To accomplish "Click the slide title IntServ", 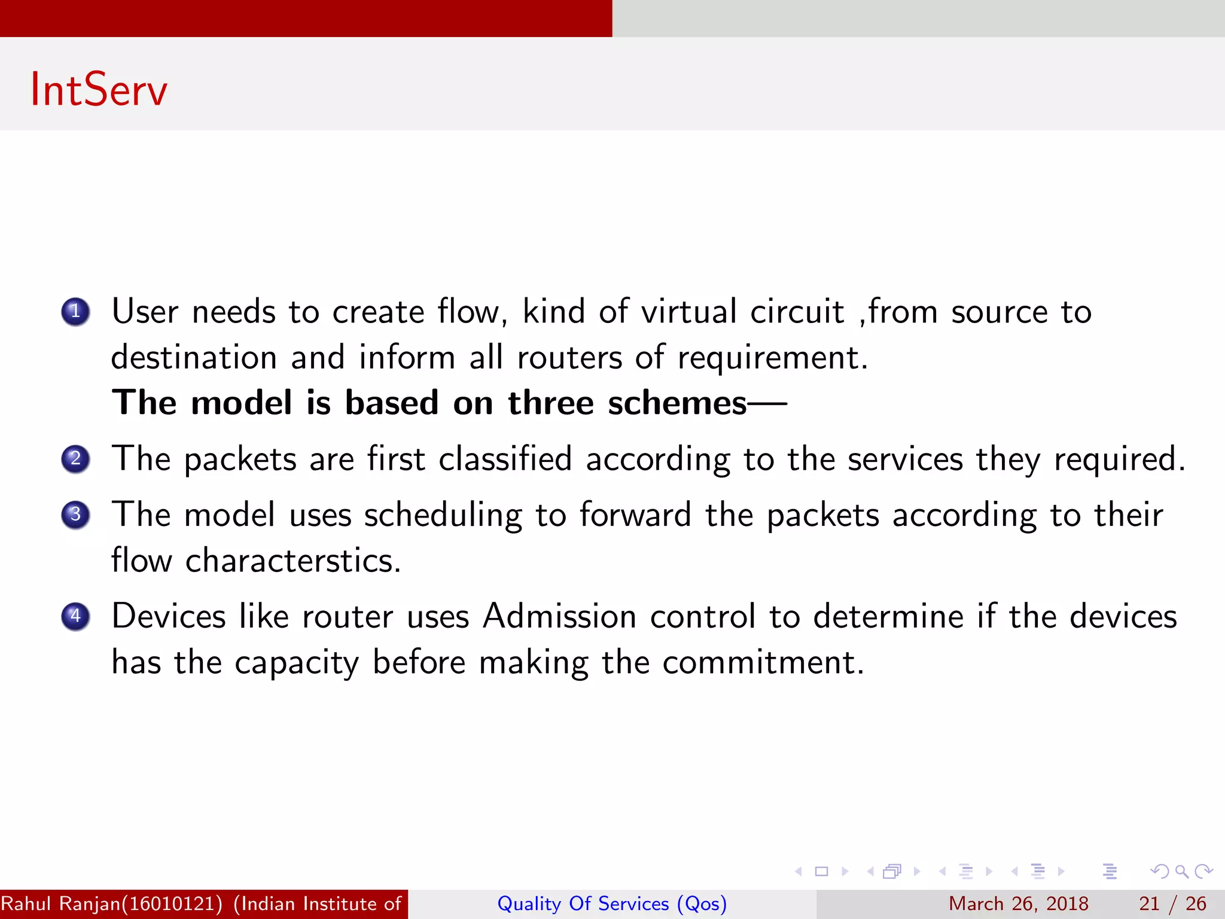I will point(99,90).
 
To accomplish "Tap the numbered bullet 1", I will point(75,312).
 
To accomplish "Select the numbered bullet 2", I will point(75,459).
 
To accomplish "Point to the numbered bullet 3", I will point(75,515).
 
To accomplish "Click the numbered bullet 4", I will point(75,616).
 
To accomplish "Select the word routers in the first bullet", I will point(569,357).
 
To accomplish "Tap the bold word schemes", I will point(677,403).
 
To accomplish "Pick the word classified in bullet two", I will point(505,459).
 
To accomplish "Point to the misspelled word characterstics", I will point(293,561).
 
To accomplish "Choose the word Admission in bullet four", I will point(559,616).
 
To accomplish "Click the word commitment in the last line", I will point(763,662).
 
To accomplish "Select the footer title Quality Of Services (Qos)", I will point(612,903).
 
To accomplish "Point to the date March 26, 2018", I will point(1018,903).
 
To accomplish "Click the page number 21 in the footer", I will point(1149,903).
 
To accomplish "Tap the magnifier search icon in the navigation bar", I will point(1181,871).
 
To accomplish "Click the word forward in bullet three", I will point(635,515).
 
